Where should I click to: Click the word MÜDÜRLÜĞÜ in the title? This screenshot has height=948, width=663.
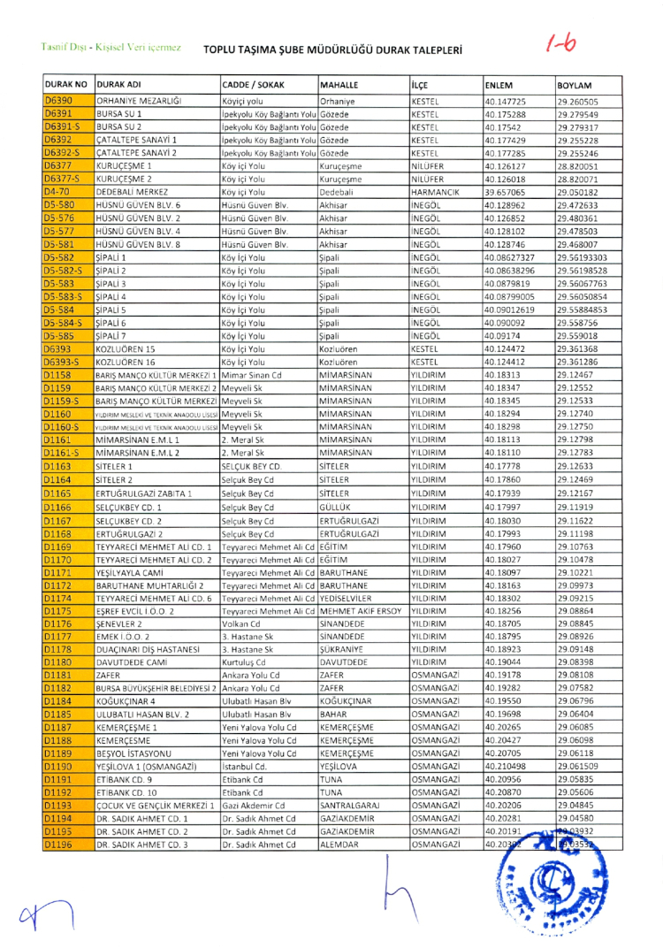(339, 50)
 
